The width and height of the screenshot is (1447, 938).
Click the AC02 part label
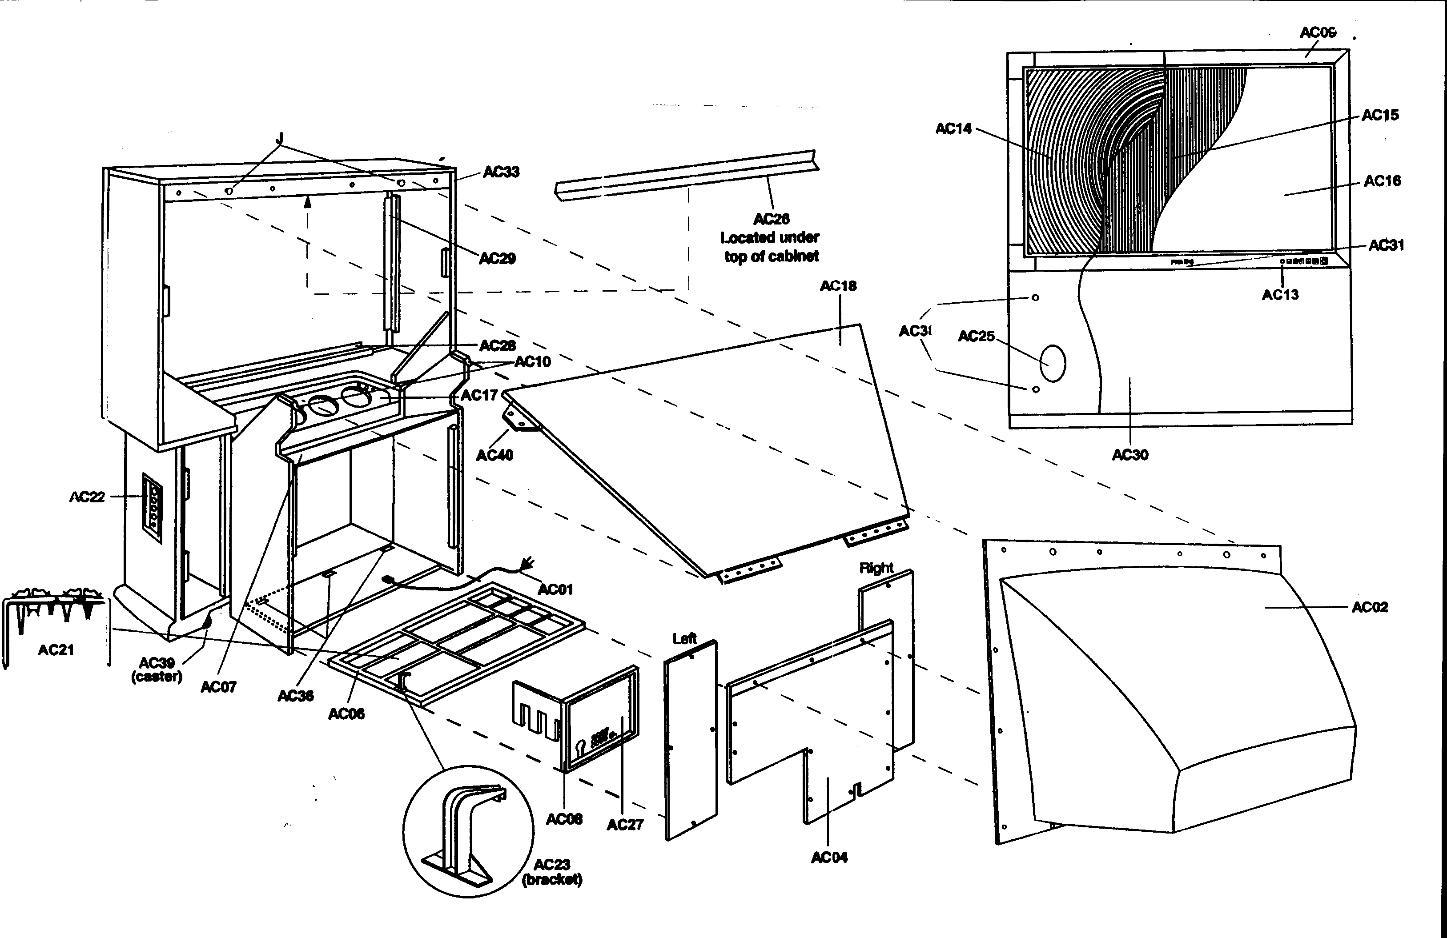tap(1369, 607)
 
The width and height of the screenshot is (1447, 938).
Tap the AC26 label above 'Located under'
tap(771, 219)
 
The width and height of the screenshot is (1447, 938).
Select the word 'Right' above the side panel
tap(876, 568)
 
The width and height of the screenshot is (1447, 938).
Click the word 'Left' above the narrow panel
tap(684, 638)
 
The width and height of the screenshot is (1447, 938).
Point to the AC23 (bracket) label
tap(551, 872)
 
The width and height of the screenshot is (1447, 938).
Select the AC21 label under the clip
tap(56, 650)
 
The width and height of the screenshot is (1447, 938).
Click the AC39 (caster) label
tap(157, 669)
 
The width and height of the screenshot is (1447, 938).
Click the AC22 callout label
tap(87, 497)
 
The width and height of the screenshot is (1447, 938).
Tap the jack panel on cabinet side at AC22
tap(152, 508)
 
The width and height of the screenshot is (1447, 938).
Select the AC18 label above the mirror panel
tap(838, 286)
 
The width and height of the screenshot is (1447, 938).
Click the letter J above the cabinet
tap(280, 139)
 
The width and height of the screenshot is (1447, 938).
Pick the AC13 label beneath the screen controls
tap(1280, 295)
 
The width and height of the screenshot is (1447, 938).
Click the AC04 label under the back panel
tap(829, 857)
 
